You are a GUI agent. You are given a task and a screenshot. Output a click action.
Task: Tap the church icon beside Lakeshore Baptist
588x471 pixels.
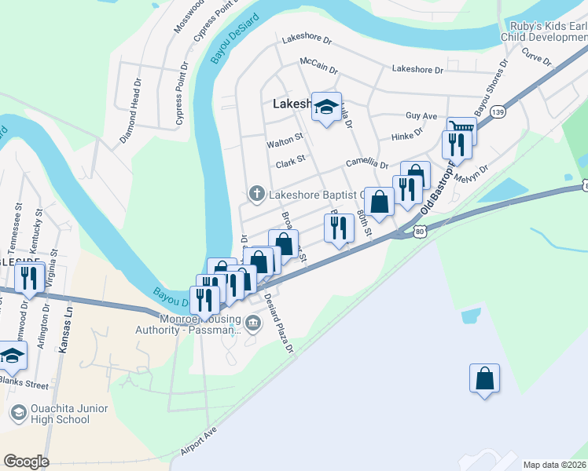coord(255,193)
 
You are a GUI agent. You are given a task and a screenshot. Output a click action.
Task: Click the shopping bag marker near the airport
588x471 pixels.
coord(484,378)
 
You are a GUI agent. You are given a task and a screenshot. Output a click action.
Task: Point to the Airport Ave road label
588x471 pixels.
coord(197,443)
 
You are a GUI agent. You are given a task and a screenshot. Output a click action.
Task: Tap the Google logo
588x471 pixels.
coord(25,462)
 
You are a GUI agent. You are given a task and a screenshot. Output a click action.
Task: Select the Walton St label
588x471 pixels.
coord(285,141)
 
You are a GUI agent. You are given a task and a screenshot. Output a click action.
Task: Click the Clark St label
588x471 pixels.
coord(289,164)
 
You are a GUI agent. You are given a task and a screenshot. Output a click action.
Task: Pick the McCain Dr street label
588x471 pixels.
coord(318,64)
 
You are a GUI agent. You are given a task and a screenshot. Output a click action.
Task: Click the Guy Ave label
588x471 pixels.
coord(421,115)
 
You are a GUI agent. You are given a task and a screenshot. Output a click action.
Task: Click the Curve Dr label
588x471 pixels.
coord(538,60)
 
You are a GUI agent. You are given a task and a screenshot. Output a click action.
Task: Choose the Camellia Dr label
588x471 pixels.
coord(368,165)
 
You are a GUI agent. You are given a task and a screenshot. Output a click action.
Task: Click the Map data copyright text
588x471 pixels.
coord(555,465)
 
